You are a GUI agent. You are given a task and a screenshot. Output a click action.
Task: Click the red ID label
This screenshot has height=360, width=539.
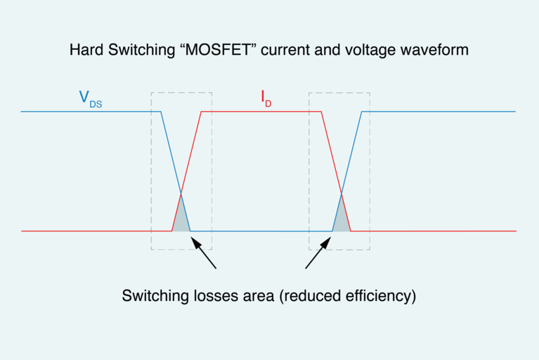pos(266,101)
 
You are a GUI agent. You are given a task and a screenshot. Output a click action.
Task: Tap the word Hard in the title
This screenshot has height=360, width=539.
pos(84,51)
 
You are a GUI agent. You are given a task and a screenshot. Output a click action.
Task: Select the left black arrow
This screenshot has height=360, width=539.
pos(204,255)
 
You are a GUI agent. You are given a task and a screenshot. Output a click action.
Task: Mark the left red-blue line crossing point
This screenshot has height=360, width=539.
pos(181,193)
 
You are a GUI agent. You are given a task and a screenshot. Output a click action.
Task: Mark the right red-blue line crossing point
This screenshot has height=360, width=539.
pos(342,193)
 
